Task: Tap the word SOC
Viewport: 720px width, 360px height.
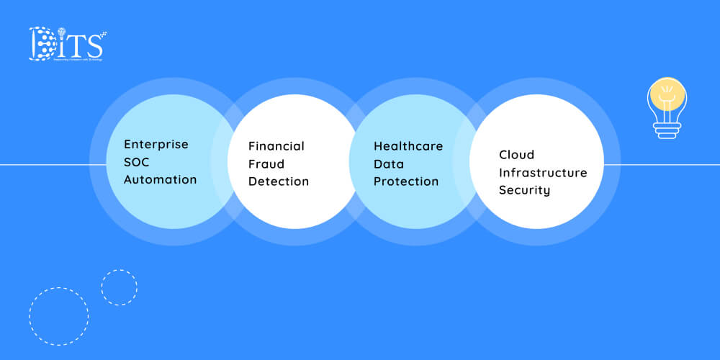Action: click(136, 162)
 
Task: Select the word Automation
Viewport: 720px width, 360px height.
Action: click(160, 179)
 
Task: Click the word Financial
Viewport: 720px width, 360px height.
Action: click(276, 146)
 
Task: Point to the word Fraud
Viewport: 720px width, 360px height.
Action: click(266, 163)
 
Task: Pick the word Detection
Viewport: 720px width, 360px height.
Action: click(278, 181)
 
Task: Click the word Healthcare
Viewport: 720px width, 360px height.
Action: click(408, 146)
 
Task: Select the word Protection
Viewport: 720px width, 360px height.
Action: click(405, 181)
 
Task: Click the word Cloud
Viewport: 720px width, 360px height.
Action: click(516, 155)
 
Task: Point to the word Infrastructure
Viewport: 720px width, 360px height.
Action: click(543, 173)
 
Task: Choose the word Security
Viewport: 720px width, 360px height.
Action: click(524, 191)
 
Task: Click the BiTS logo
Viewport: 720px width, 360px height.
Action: click(66, 44)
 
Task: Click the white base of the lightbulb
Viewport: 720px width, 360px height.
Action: click(667, 129)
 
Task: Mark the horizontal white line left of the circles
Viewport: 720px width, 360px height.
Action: click(43, 165)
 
